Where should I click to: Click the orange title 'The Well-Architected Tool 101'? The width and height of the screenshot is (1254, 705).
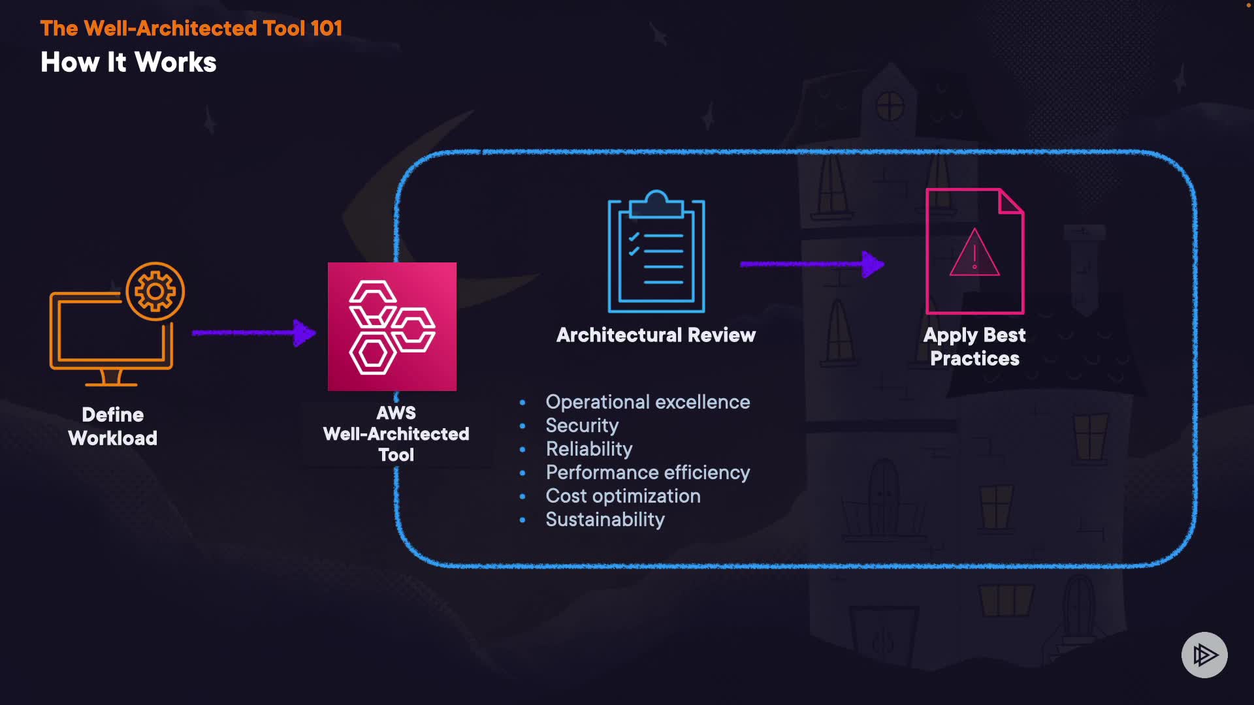(x=191, y=28)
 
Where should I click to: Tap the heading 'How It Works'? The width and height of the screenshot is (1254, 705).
(x=129, y=63)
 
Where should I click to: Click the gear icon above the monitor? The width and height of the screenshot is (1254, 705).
(x=155, y=291)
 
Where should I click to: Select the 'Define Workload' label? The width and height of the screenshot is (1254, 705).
(x=113, y=426)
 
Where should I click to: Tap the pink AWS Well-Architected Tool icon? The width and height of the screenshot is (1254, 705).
(x=392, y=326)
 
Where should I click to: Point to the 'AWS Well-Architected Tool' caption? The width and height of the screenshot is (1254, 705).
(x=396, y=434)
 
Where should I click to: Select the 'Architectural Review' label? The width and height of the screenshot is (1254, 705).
(x=656, y=335)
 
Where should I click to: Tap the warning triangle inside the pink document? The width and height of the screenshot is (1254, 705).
(x=974, y=255)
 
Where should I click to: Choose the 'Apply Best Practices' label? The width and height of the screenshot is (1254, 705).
(x=974, y=347)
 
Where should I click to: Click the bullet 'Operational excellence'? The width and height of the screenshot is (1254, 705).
(x=647, y=402)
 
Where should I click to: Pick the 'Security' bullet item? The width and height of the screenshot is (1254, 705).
(x=582, y=426)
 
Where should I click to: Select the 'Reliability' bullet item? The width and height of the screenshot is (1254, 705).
(x=589, y=449)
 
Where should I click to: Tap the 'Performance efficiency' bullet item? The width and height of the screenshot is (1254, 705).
(x=647, y=473)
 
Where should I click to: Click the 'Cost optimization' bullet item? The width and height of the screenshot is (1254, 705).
(x=623, y=496)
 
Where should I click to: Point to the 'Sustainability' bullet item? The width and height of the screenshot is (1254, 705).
(x=605, y=520)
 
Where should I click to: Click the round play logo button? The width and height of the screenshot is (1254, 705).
(x=1204, y=655)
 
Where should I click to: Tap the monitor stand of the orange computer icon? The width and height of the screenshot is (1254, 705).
(x=111, y=378)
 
